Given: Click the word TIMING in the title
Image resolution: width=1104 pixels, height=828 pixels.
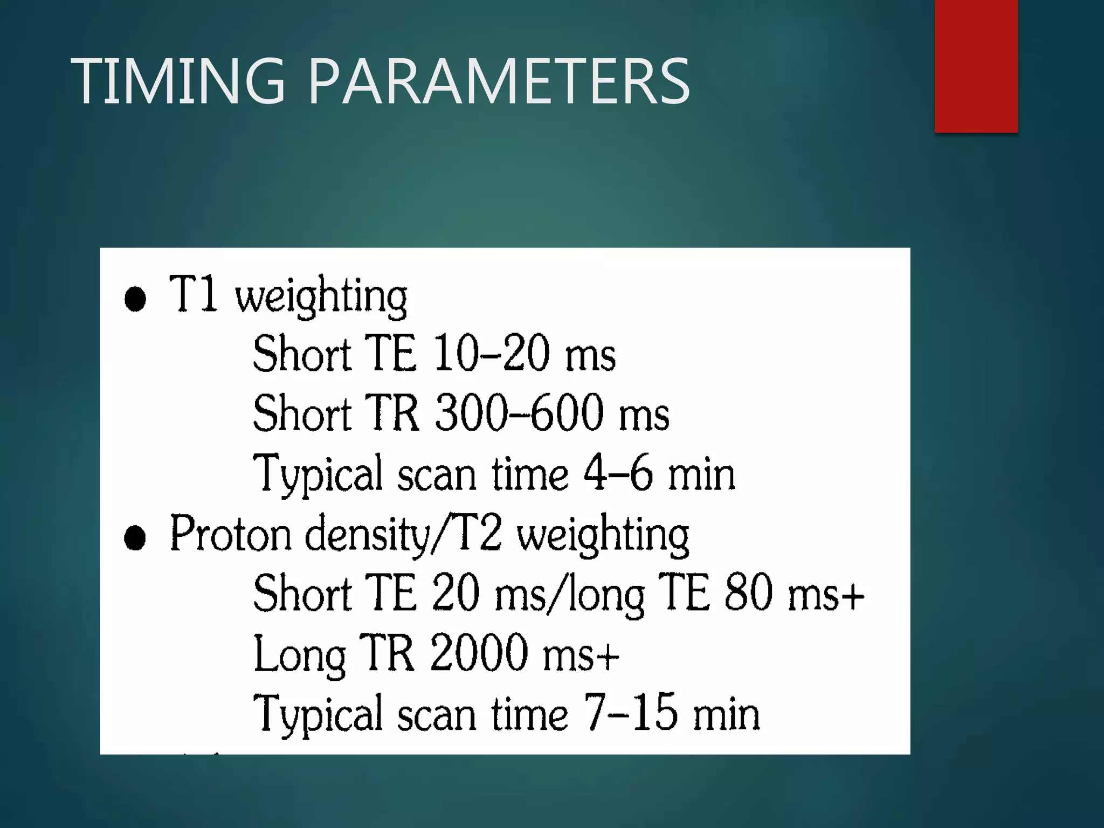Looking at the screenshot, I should click(x=178, y=81).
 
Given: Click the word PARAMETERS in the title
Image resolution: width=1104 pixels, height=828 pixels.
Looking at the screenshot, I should click(x=499, y=81).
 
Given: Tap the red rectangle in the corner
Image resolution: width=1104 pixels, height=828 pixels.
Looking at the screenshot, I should click(x=976, y=66).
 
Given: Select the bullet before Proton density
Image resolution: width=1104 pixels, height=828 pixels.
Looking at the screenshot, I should click(x=135, y=537).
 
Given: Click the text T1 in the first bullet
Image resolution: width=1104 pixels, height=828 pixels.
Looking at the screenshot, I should click(x=193, y=294).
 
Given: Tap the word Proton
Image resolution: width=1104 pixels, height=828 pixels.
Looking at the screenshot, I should click(x=231, y=534).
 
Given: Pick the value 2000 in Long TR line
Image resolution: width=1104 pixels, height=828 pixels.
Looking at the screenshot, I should click(x=479, y=653).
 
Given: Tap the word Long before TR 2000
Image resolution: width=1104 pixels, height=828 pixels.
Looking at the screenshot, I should click(x=300, y=655).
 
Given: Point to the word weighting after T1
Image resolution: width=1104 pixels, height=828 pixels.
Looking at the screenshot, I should click(x=321, y=297).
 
